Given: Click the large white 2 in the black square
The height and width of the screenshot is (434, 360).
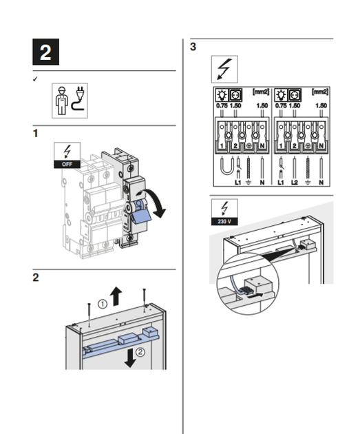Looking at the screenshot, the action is [45, 52].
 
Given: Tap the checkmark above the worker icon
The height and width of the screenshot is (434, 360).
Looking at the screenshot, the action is [35, 79].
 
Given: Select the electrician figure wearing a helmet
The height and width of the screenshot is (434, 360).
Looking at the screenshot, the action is [61, 101].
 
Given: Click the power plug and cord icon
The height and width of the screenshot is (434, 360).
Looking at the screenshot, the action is [78, 99].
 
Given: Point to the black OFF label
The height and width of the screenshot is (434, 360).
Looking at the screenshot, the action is [67, 164].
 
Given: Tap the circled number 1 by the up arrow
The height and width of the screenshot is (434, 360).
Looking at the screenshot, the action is [103, 304].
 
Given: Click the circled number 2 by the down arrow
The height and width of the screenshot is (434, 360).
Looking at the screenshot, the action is [140, 352].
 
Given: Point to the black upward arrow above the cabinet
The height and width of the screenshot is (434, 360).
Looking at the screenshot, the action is [116, 296].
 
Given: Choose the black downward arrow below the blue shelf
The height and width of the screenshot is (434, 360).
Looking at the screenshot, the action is [130, 358].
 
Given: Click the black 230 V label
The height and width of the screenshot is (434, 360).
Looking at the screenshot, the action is [224, 221].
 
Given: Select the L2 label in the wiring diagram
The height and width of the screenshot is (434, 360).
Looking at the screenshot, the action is [295, 183].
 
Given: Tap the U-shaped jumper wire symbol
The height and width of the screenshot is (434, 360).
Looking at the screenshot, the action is [226, 166].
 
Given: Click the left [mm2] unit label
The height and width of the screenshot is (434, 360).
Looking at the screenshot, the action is [261, 92].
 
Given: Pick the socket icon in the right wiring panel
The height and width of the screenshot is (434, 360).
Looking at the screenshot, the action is [295, 95].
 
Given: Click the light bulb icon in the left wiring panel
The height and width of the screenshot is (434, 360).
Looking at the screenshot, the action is [222, 95].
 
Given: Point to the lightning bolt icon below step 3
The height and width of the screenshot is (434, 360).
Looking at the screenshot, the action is [224, 69].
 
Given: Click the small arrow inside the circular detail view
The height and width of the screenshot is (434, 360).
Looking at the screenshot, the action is [255, 296].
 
